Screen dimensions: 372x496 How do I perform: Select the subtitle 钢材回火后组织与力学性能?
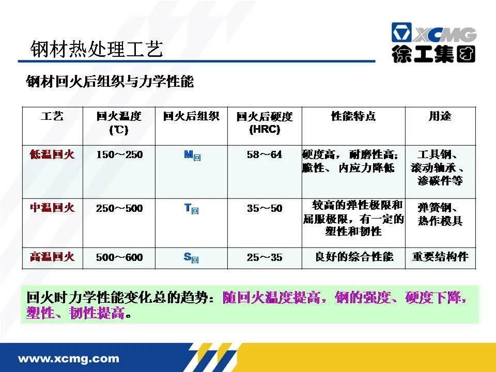pyautogui.click(x=110, y=82)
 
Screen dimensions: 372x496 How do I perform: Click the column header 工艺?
pyautogui.click(x=52, y=116)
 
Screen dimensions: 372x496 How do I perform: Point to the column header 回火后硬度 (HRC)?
pyautogui.click(x=265, y=122)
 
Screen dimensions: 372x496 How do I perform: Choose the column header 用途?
pyautogui.click(x=440, y=116)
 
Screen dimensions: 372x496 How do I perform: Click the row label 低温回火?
pyautogui.click(x=52, y=154)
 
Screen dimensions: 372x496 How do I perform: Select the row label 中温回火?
pyautogui.click(x=52, y=208)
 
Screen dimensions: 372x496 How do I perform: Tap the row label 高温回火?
pyautogui.click(x=52, y=257)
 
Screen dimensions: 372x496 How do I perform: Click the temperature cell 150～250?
pyautogui.click(x=119, y=154)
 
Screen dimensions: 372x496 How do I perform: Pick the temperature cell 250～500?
pyautogui.click(x=119, y=208)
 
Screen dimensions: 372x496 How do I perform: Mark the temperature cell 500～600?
pyautogui.click(x=119, y=257)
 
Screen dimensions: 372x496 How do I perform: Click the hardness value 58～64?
pyautogui.click(x=265, y=154)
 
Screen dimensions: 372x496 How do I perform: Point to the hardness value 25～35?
pyautogui.click(x=265, y=257)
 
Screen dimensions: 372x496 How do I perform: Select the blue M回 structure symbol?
pyautogui.click(x=192, y=154)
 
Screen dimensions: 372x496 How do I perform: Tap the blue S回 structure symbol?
pyautogui.click(x=191, y=257)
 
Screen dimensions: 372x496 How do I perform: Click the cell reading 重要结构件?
pyautogui.click(x=440, y=257)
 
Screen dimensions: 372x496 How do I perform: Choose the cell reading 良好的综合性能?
pyautogui.click(x=354, y=257)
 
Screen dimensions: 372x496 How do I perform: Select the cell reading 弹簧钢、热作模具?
pyautogui.click(x=440, y=214)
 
